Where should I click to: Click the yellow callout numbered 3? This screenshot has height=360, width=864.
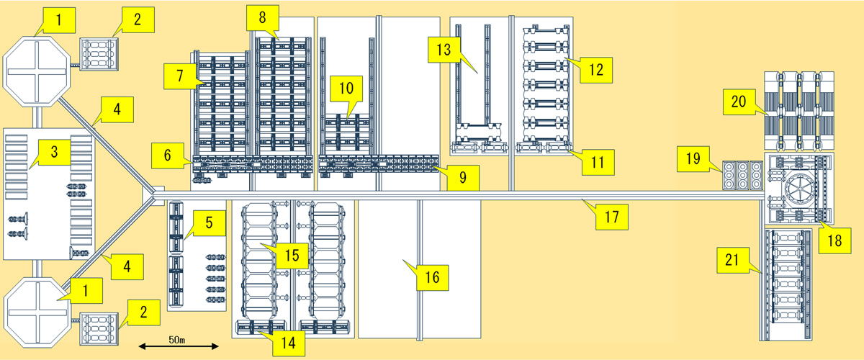54,153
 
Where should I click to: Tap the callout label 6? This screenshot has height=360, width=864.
167,153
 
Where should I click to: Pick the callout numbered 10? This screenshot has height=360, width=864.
346,89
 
